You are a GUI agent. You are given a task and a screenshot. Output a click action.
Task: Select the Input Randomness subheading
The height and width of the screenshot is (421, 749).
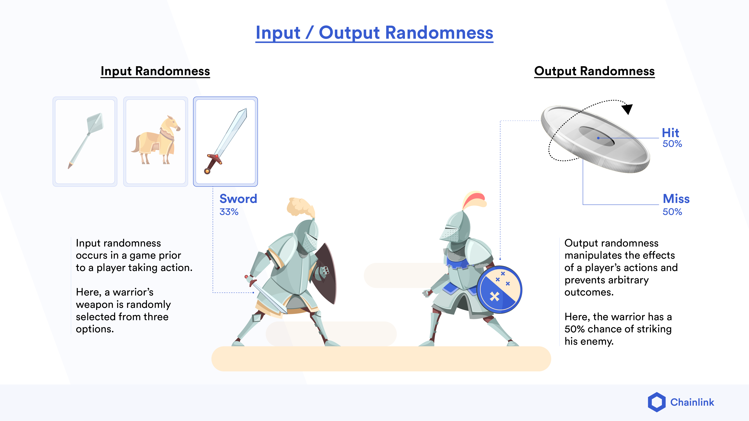coord(155,71)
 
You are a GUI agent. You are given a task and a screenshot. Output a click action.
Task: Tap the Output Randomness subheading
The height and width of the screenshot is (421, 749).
coord(594,71)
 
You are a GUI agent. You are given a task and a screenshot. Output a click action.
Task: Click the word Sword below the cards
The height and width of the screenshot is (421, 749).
coord(238,199)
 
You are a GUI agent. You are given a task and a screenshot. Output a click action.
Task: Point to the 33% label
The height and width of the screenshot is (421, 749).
coord(229,212)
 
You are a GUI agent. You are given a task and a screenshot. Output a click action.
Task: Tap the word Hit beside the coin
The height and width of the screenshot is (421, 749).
coord(671,133)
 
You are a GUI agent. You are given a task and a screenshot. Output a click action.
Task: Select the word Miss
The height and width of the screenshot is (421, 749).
coord(676,199)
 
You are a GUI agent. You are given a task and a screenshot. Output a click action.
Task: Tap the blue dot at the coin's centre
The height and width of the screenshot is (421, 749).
coord(598,138)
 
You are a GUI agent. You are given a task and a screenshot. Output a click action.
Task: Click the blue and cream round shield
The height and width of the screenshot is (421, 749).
coord(499,290)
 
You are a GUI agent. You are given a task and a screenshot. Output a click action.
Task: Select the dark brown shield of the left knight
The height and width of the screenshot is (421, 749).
coord(327,273)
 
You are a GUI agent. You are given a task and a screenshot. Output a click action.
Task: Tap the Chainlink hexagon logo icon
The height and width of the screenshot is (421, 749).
coord(657,402)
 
